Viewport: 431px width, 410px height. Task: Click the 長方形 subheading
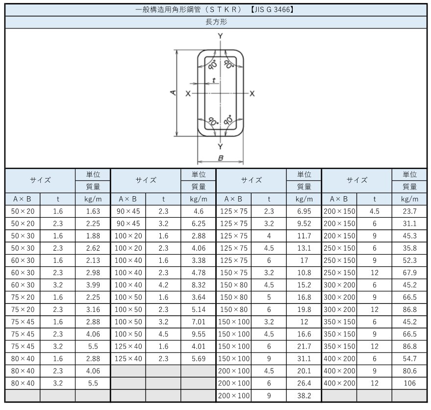[x=216, y=22]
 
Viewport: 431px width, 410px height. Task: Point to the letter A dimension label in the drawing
[x=173, y=93]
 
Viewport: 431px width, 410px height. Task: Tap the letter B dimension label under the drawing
[x=221, y=158]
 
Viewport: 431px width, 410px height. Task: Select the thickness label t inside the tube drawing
[x=214, y=80]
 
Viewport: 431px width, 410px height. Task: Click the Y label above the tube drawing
[x=220, y=36]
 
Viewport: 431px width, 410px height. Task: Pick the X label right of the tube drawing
[x=252, y=94]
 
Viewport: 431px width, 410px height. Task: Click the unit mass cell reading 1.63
[x=93, y=211]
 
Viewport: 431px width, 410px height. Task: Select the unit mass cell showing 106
[x=409, y=383]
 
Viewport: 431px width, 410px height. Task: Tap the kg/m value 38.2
[x=304, y=395]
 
